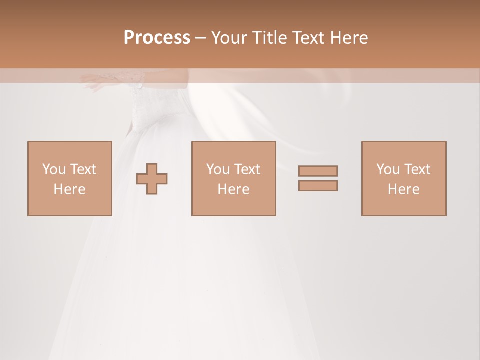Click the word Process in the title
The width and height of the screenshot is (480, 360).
coord(157,38)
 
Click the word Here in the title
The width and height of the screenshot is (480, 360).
coord(350,38)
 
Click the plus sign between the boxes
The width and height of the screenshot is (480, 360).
coord(152,179)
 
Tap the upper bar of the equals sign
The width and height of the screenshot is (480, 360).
coord(318,171)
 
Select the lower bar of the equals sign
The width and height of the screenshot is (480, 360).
coord(318,186)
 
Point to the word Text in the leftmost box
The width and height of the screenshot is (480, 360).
coord(83,169)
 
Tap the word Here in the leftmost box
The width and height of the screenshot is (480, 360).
coord(69,189)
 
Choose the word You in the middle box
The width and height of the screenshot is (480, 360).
coord(217,169)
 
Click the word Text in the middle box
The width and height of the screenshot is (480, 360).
coord(247,169)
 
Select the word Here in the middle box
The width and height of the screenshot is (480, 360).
coord(233,189)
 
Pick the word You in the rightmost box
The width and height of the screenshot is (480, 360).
coord(387,169)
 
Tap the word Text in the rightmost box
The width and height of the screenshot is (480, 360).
coord(417,169)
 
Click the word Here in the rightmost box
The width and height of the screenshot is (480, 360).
coord(403,189)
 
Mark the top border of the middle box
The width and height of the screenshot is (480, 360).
coord(233,142)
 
